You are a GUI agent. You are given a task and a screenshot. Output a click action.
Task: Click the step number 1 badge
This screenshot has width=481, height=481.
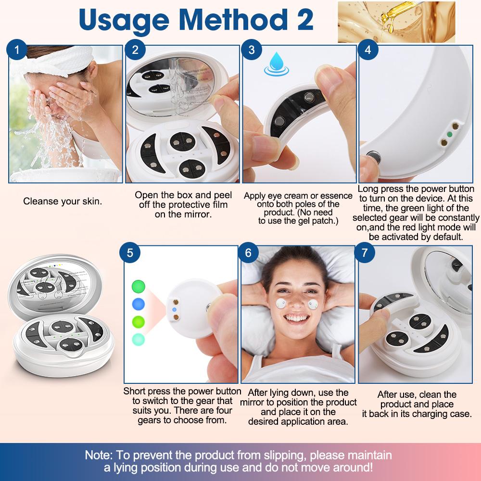tap(17, 50)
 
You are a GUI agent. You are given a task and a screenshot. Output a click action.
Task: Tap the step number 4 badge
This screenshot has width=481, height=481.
tap(368, 50)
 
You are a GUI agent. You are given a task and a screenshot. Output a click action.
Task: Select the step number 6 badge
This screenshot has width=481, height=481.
tap(249, 253)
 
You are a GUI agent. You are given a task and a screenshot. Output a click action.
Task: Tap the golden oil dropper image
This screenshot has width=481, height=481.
tap(395, 22)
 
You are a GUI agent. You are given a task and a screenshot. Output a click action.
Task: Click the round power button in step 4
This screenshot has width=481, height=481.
tap(372, 157)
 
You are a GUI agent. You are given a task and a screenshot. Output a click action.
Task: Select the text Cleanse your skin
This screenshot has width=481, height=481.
tap(63, 201)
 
